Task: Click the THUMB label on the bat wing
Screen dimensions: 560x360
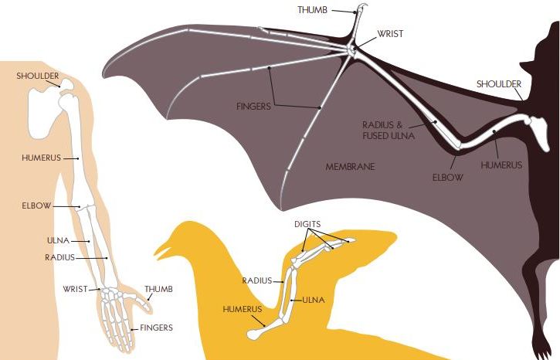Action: (314, 10)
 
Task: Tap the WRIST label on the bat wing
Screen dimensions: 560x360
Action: (390, 34)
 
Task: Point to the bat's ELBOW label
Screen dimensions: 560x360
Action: (447, 177)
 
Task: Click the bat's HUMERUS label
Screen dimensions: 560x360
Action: (501, 165)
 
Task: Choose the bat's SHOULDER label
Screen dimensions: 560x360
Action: (498, 83)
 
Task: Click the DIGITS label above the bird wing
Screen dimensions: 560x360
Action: (307, 223)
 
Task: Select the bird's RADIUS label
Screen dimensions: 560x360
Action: (256, 281)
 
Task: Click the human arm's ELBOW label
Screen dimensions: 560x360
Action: (37, 206)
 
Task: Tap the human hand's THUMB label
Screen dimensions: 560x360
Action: (158, 289)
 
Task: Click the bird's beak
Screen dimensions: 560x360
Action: (159, 251)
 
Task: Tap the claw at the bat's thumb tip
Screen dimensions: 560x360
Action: (360, 9)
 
